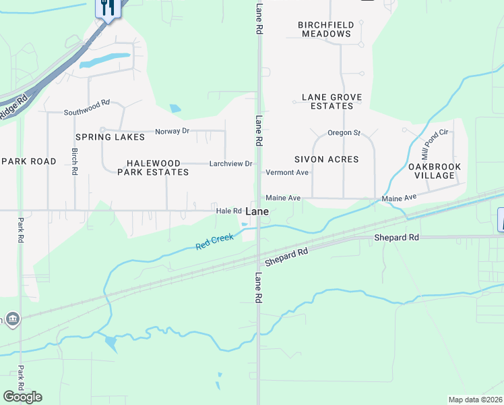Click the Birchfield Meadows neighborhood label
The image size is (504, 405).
tap(327, 29)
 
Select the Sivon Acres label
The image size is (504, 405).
tap(326, 159)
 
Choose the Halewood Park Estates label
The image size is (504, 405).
tap(153, 167)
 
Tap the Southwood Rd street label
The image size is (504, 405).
tap(86, 108)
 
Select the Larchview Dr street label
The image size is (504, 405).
tap(230, 163)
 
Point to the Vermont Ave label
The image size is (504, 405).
tap(287, 173)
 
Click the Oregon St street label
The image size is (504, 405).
tap(344, 133)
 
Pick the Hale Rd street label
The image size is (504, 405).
tap(228, 211)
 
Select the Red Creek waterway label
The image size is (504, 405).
tap(214, 242)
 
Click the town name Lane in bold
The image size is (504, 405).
tap(258, 211)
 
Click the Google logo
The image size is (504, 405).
tap(22, 396)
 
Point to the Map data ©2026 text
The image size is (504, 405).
tap(475, 400)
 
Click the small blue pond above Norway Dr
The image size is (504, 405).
tap(176, 108)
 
